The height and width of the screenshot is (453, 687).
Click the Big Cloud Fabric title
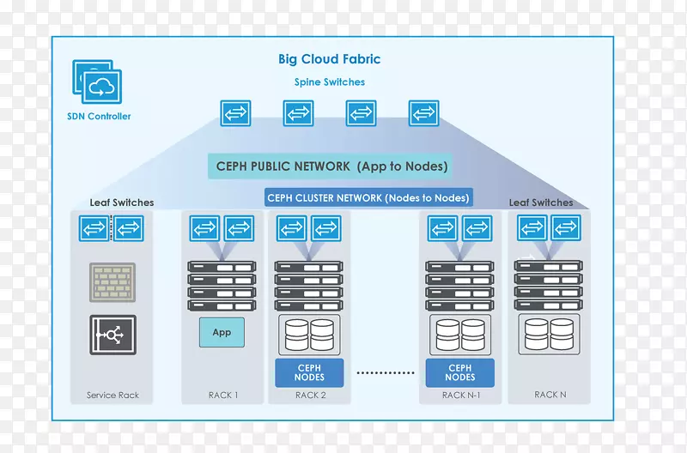(329, 60)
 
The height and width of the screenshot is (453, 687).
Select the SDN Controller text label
(99, 116)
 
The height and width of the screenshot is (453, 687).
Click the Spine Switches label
(329, 82)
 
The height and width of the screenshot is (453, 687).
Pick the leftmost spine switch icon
(235, 113)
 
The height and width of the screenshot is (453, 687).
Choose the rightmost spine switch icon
(423, 113)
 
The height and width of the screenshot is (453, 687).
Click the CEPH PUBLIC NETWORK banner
(329, 166)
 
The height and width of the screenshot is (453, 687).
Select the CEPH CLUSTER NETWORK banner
(369, 198)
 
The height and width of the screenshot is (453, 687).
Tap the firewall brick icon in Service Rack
(112, 282)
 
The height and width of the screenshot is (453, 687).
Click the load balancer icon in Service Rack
(112, 335)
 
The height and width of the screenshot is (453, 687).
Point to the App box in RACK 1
(222, 332)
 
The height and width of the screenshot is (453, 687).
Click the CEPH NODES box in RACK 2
(309, 372)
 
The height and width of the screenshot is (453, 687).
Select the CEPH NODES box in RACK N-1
(460, 372)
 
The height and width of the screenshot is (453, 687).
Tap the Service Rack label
(112, 396)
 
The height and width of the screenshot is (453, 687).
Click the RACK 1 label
(222, 396)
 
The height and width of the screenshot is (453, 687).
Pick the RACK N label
(550, 395)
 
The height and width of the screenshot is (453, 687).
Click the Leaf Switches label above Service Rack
(122, 203)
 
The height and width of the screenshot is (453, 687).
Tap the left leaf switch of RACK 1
(204, 228)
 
